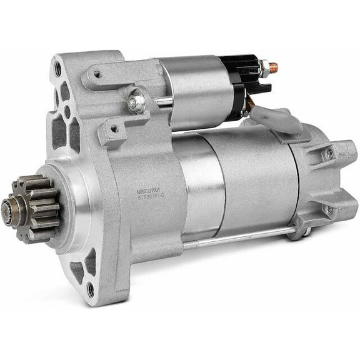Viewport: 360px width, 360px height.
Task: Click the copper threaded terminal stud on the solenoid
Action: click(272, 66)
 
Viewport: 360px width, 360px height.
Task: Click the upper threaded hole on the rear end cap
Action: click(329, 154)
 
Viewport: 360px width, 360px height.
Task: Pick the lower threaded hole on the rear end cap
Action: click(329, 211)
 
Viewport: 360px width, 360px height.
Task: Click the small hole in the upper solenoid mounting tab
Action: click(97, 74)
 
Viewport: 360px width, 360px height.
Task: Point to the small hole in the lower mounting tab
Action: click(114, 129)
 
